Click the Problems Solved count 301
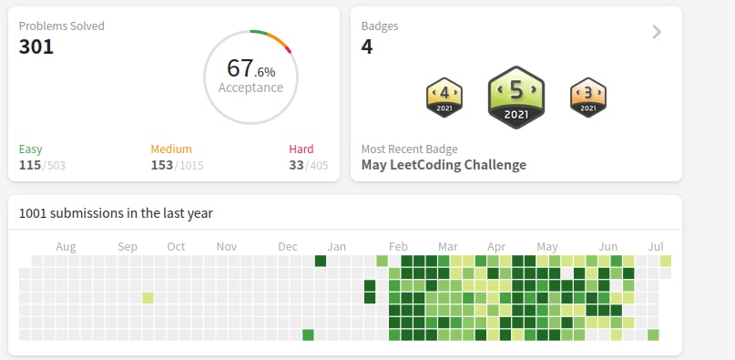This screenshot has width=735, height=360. click(36, 46)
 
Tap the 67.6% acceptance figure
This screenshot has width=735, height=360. click(251, 68)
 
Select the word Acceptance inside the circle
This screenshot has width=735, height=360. click(250, 87)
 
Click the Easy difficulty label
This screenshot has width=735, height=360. click(30, 149)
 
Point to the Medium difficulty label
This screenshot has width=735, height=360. click(171, 149)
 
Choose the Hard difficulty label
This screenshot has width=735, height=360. click(301, 149)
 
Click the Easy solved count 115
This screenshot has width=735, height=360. click(30, 165)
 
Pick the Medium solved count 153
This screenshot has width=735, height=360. click(162, 165)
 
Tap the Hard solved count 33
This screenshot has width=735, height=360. click(296, 165)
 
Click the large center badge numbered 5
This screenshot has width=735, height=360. click(516, 98)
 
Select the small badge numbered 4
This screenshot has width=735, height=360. click(444, 98)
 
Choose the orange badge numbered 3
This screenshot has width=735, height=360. click(588, 98)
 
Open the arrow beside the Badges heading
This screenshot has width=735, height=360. click(658, 32)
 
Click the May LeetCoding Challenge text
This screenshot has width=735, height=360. click(444, 165)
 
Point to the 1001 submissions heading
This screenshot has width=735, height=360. click(116, 213)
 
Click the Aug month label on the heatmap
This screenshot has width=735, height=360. click(66, 247)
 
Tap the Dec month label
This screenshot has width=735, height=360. click(287, 247)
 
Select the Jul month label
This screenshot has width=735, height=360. click(656, 247)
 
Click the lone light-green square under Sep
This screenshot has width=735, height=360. click(148, 298)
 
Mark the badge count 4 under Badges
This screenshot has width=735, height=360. click(367, 46)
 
